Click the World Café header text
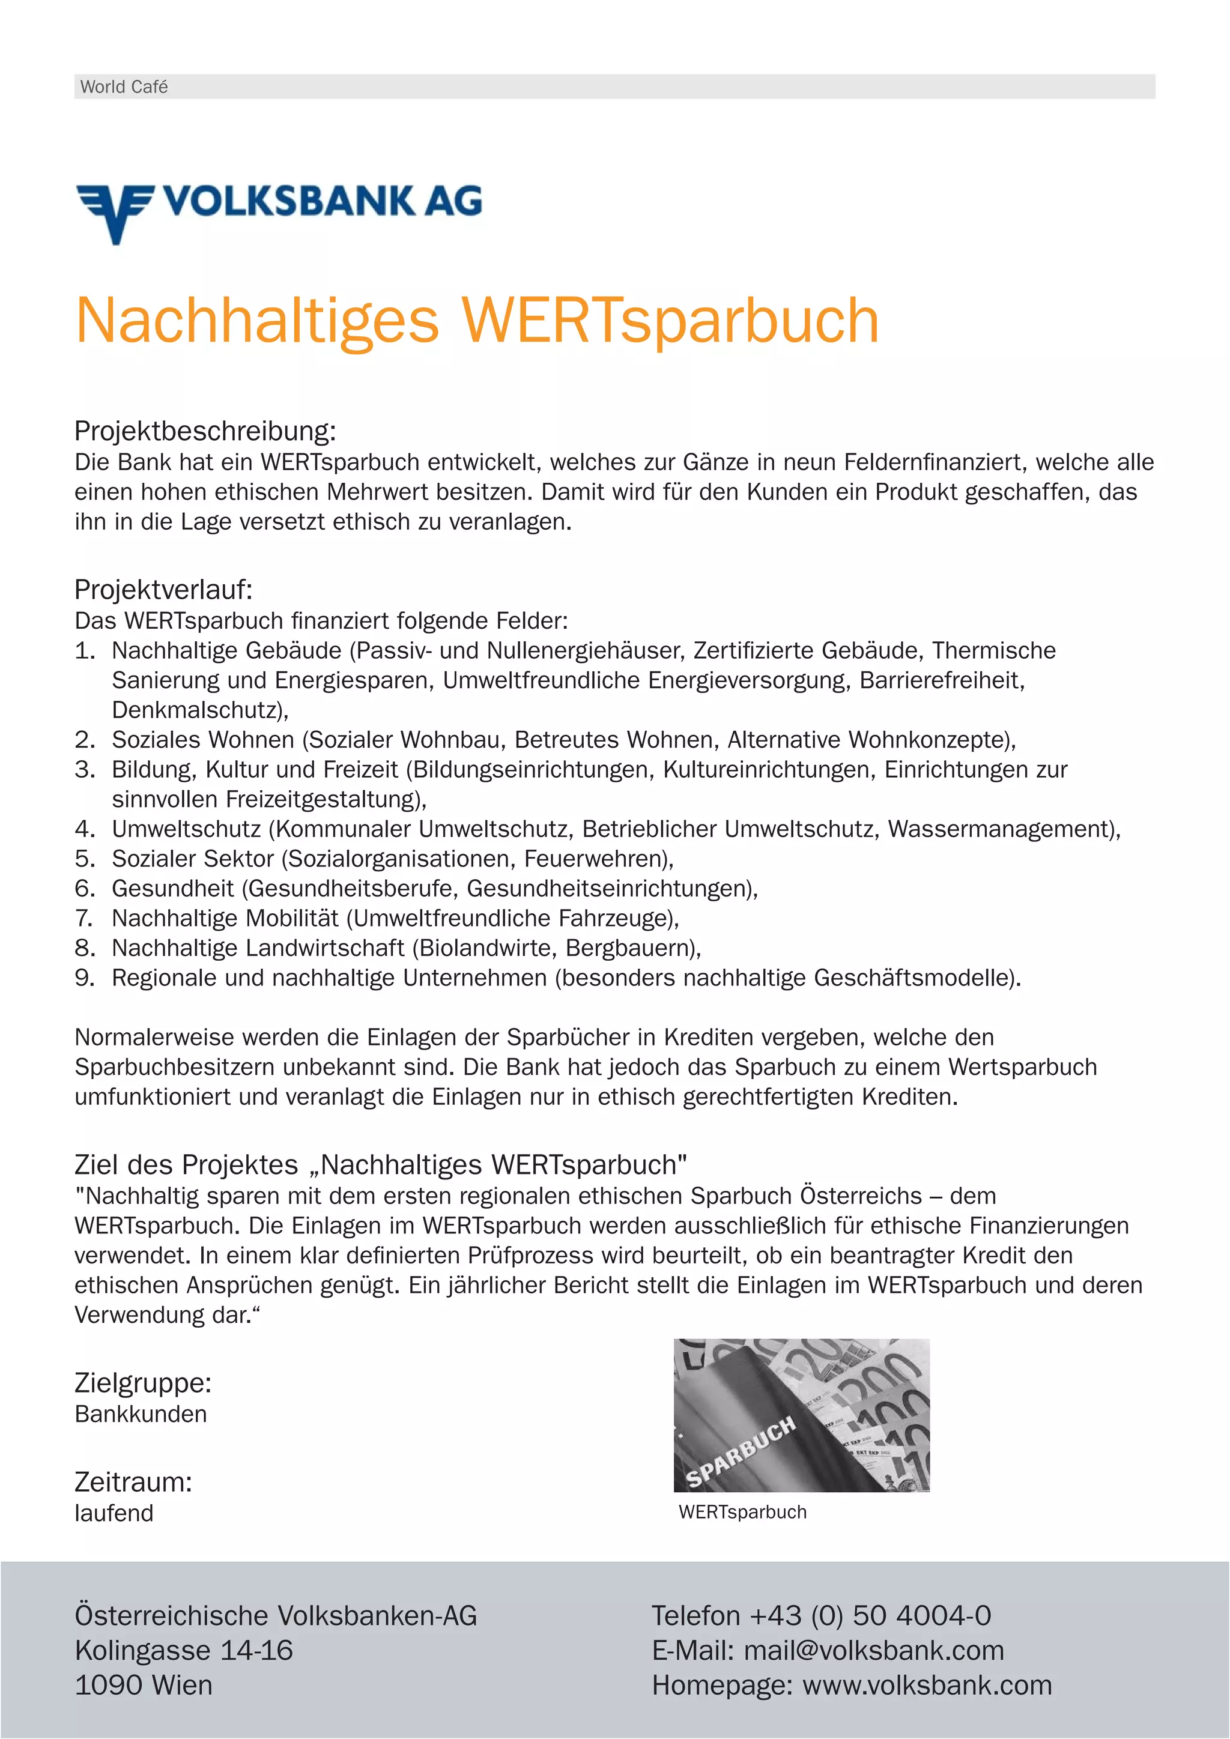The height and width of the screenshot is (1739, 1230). click(124, 87)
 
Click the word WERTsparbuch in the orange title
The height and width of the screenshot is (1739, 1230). click(670, 321)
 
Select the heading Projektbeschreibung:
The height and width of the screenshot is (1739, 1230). click(204, 431)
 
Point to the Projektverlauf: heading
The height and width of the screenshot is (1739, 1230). click(163, 589)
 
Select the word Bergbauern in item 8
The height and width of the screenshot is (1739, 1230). click(630, 948)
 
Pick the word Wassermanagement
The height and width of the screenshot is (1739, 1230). click(999, 829)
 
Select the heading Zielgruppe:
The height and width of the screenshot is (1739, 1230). click(142, 1383)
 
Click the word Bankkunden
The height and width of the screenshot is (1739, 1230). click(140, 1414)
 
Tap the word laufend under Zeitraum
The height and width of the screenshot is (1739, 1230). click(114, 1513)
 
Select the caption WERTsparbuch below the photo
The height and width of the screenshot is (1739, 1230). click(742, 1512)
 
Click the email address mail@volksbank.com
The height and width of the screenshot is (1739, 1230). click(873, 1650)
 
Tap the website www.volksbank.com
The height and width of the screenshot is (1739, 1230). click(927, 1685)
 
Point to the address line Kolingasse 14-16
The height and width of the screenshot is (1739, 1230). click(183, 1650)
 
